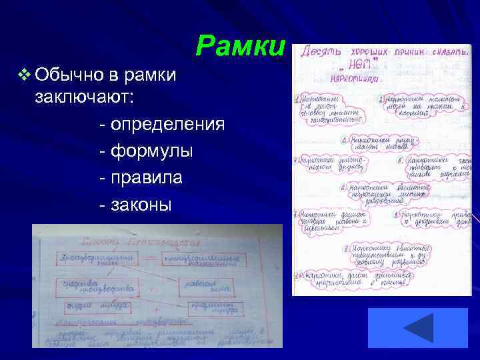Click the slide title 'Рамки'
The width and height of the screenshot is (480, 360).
click(241, 46)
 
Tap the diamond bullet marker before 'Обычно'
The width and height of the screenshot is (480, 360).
click(25, 74)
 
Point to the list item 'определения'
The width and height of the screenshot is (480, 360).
click(167, 125)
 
